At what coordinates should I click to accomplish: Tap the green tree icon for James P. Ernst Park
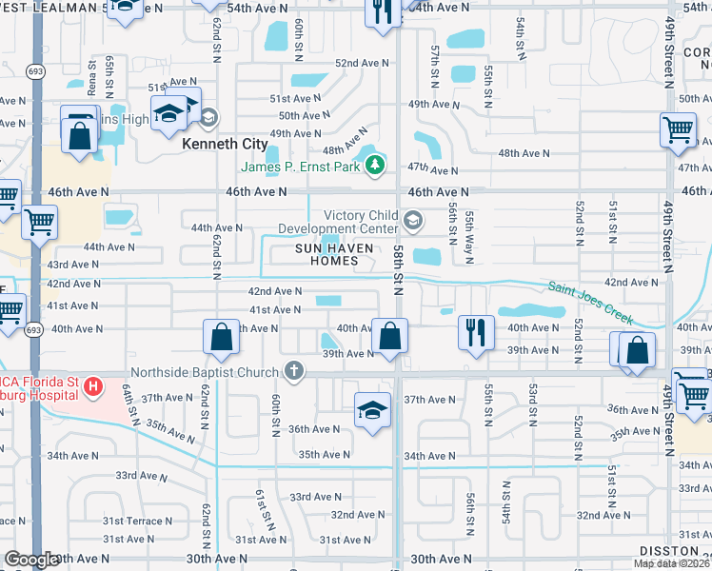(x=376, y=167)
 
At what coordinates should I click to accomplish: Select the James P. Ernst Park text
(x=301, y=167)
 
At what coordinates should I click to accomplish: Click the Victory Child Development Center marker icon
(x=412, y=222)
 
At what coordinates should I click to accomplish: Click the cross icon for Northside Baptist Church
(x=295, y=370)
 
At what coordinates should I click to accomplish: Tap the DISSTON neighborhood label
(x=673, y=551)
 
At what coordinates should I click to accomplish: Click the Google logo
(x=31, y=560)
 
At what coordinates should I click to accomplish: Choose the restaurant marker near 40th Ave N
(x=476, y=333)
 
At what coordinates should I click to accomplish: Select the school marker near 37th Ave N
(x=372, y=409)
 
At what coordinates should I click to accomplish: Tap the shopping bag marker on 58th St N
(x=389, y=336)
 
